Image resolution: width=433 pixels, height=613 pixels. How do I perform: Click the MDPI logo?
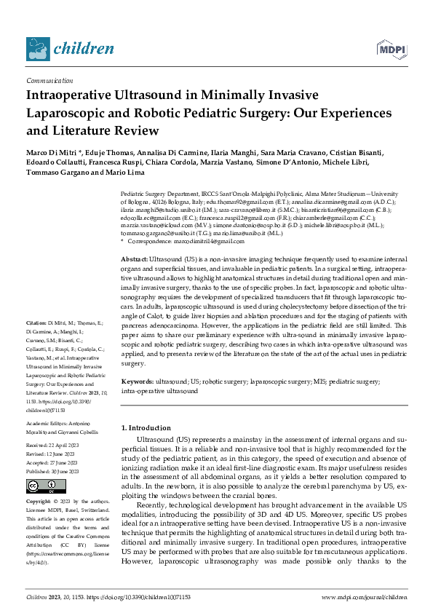coord(392,49)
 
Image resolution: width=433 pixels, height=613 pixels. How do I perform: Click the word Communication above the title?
coord(49,81)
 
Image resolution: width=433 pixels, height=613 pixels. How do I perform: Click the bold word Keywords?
coord(137,381)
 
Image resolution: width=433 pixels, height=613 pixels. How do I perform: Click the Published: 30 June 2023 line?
coord(57,472)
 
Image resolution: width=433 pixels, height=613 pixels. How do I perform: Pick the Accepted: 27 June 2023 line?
coord(57,463)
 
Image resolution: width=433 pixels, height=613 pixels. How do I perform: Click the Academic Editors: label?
coord(47,422)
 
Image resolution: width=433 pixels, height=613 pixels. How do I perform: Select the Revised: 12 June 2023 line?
coord(55,454)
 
